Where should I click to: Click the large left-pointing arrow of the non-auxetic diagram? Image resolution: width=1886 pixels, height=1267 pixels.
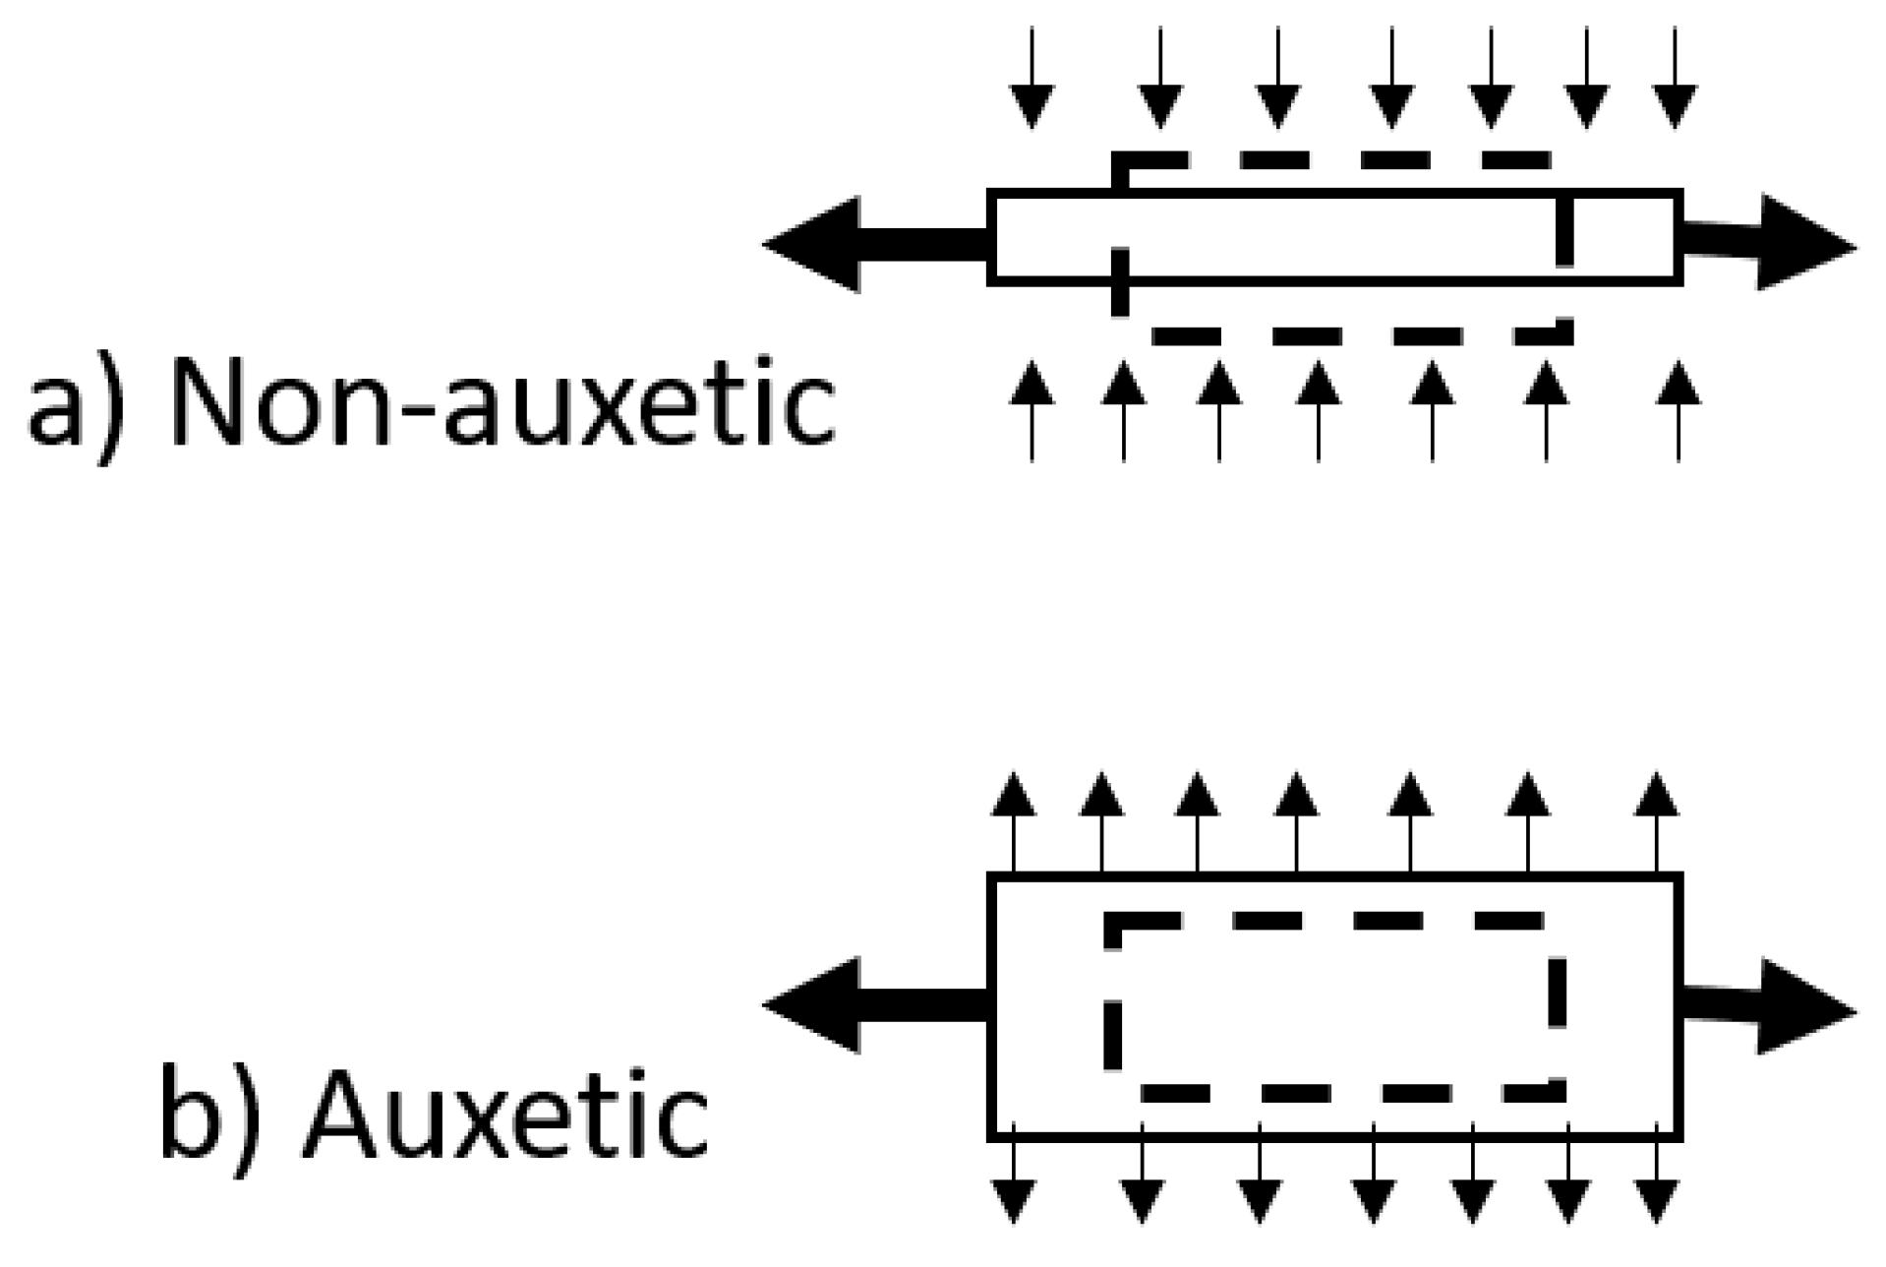click(x=865, y=244)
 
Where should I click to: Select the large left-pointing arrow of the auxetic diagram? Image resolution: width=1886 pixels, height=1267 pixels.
click(x=865, y=1005)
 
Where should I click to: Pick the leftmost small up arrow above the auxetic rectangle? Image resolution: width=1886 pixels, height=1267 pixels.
click(x=1013, y=822)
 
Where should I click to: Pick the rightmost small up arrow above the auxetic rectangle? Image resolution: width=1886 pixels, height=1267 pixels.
click(x=1657, y=822)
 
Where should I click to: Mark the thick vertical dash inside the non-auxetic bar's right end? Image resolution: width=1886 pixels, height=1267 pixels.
click(x=1564, y=232)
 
